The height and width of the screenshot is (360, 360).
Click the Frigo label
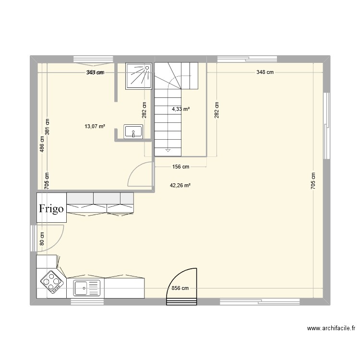pyautogui.click(x=51, y=209)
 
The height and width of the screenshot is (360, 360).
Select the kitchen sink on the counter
pyautogui.click(x=87, y=288)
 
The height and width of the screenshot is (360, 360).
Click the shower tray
pyautogui.click(x=139, y=76)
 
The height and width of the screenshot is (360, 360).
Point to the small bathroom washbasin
pyautogui.click(x=133, y=131)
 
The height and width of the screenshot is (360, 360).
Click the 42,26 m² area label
pyautogui.click(x=180, y=185)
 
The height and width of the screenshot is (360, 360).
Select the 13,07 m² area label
pyautogui.click(x=95, y=126)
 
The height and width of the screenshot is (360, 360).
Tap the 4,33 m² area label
pyautogui.click(x=181, y=109)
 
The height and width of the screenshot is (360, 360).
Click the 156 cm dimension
pyautogui.click(x=180, y=167)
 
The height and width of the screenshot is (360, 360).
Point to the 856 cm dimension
pyautogui.click(x=180, y=288)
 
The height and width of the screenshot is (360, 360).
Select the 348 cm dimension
pyautogui.click(x=265, y=72)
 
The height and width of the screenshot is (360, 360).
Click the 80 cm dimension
pyautogui.click(x=42, y=239)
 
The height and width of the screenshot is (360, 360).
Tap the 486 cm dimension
pyautogui.click(x=42, y=143)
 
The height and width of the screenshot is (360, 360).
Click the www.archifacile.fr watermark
pyautogui.click(x=331, y=329)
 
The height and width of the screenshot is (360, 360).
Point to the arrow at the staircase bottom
pyautogui.click(x=168, y=151)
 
